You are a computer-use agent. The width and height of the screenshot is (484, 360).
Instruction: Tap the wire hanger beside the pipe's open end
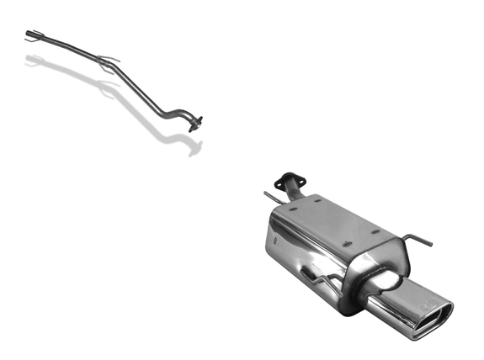coord(38,34)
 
